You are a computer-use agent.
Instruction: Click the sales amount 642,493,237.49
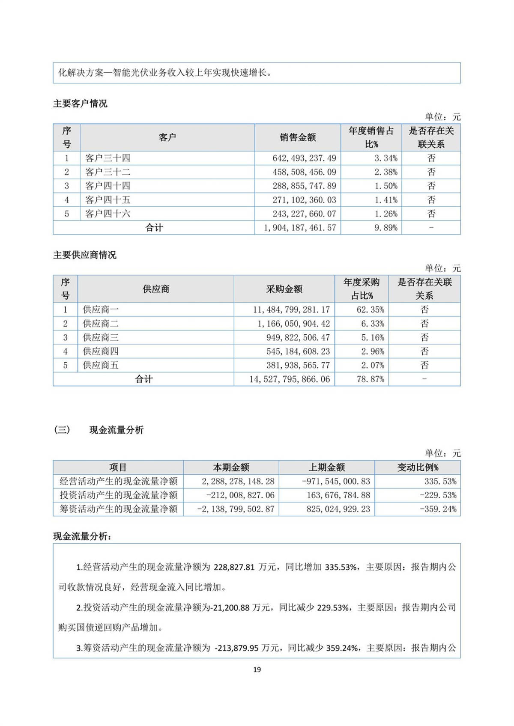click(x=304, y=158)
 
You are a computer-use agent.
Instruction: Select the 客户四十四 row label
click(x=108, y=186)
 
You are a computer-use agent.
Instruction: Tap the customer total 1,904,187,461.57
click(x=300, y=228)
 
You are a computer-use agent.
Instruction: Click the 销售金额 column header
click(x=298, y=137)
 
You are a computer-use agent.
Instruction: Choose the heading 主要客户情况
click(x=80, y=104)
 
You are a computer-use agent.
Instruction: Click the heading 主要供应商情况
click(x=85, y=255)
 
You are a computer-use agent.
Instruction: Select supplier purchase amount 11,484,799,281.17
click(x=291, y=309)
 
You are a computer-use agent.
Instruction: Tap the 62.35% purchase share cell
click(x=370, y=309)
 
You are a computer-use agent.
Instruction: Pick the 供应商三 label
click(x=101, y=337)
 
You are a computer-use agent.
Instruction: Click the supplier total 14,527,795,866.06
click(x=290, y=379)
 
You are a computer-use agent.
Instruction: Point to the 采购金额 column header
click(x=284, y=289)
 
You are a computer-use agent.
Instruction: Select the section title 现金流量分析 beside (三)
click(x=117, y=430)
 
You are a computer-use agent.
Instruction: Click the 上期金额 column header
click(x=327, y=467)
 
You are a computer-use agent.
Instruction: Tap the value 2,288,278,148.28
click(x=238, y=481)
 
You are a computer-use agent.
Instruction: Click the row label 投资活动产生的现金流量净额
click(x=118, y=495)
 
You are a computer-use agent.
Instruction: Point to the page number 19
click(x=257, y=669)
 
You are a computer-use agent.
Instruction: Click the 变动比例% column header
click(x=418, y=467)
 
